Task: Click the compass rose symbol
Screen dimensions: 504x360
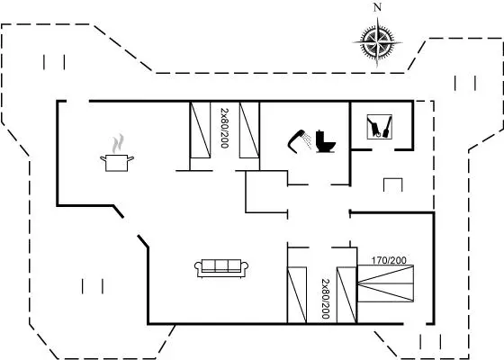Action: [377, 42]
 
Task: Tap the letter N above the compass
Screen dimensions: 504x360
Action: [377, 8]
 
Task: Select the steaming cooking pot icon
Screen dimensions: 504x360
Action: [117, 153]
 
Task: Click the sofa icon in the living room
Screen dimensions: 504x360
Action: [221, 268]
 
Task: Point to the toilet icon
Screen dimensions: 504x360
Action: [325, 141]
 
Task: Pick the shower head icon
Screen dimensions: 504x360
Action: [299, 141]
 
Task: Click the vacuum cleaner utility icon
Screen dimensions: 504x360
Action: [380, 127]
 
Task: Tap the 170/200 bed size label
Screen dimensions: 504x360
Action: [389, 260]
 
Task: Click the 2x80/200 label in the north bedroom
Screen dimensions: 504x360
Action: [225, 128]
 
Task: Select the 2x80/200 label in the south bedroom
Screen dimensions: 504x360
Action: [326, 299]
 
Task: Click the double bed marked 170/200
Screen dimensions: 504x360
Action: [385, 283]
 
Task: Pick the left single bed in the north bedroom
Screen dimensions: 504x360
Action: [200, 130]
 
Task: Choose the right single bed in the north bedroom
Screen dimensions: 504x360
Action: [249, 130]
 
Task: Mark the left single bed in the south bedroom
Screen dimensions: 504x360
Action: [297, 295]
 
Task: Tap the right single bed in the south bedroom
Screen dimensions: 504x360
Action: [346, 295]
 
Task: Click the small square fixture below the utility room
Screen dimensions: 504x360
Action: [393, 184]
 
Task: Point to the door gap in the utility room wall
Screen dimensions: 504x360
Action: [383, 149]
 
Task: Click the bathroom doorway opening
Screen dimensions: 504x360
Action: [319, 184]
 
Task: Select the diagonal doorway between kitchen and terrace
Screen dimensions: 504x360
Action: [130, 227]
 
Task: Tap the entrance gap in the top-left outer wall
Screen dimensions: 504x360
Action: [77, 101]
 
